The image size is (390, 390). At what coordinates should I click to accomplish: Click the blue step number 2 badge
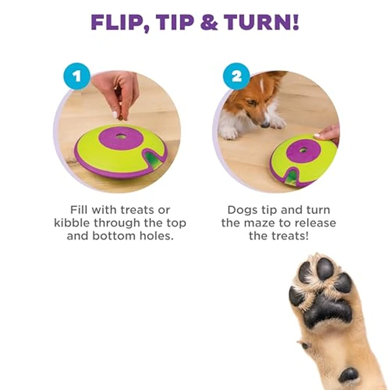coord(236,76)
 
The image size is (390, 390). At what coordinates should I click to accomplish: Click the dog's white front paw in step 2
coord(228,133)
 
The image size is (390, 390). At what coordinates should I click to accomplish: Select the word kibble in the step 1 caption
coord(72,223)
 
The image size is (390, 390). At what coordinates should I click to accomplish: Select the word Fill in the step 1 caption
coord(81,210)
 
